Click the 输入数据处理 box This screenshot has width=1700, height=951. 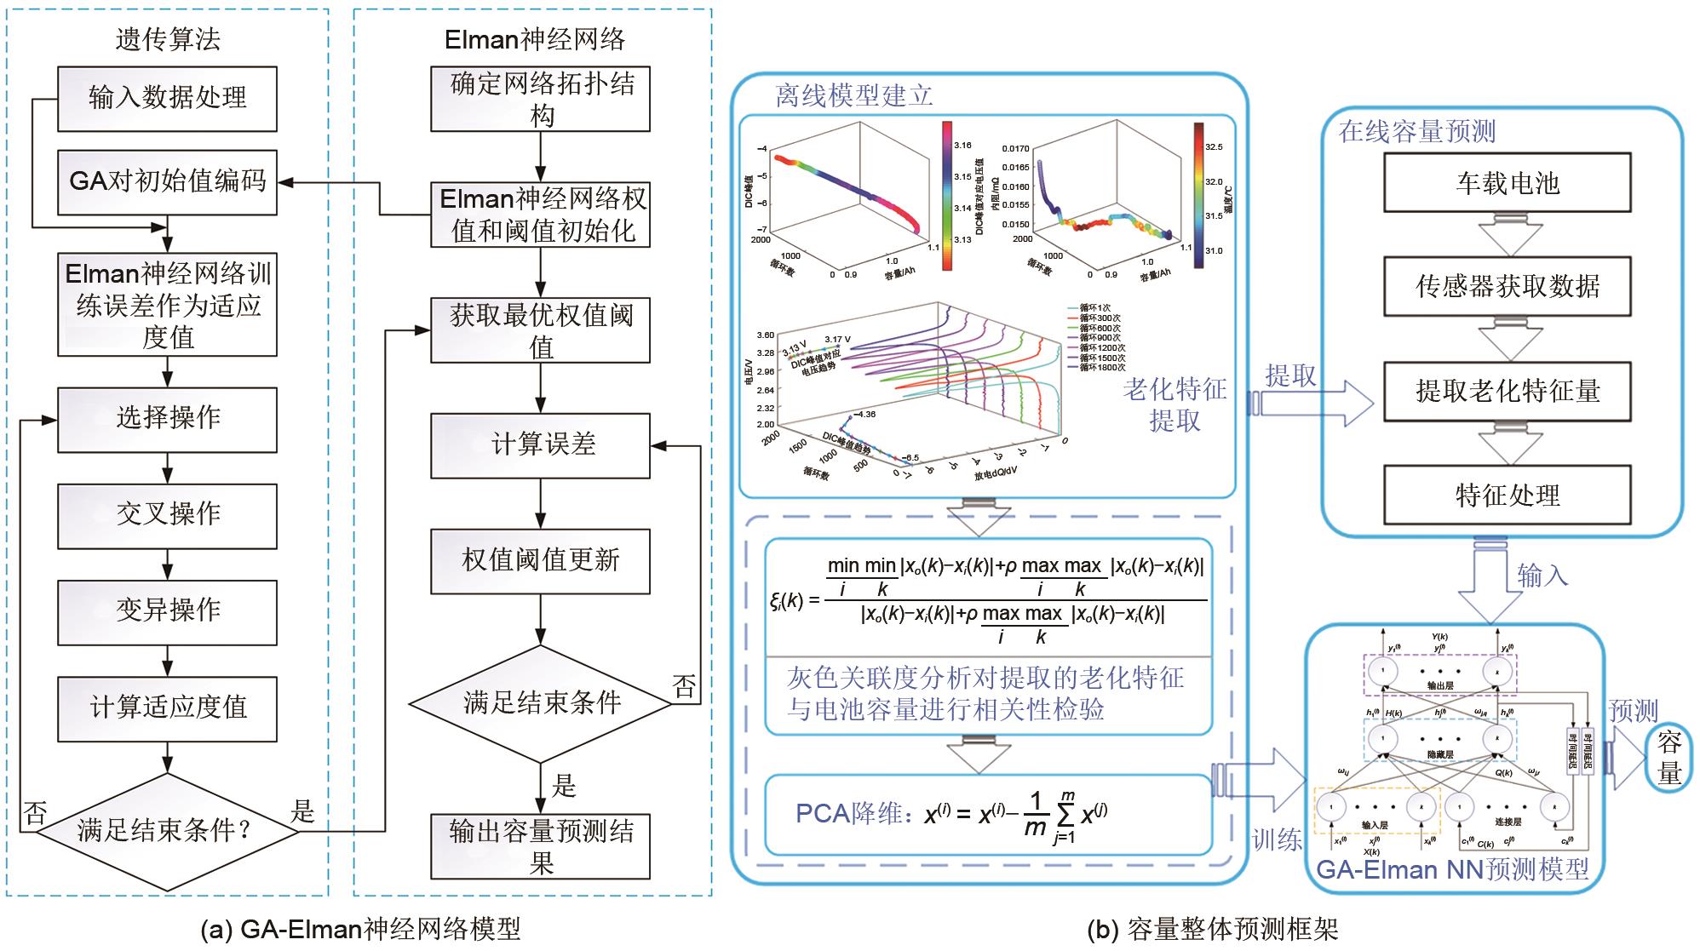click(x=167, y=99)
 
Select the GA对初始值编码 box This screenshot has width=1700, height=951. click(x=167, y=182)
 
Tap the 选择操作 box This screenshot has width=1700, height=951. click(x=167, y=419)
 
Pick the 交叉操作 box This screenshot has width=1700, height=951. click(x=167, y=515)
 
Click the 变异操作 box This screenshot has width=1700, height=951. click(x=167, y=611)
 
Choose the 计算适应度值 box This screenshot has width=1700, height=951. click(x=167, y=708)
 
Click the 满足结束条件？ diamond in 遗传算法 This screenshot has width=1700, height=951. click(x=167, y=831)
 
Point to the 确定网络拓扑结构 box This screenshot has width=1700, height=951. click(x=540, y=99)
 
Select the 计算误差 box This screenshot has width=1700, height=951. click(x=540, y=445)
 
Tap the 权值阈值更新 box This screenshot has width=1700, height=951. click(x=540, y=561)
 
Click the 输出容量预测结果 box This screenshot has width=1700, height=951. click(x=540, y=846)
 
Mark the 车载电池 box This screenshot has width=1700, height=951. click(x=1507, y=183)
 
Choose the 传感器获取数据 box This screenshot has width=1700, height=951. click(x=1507, y=287)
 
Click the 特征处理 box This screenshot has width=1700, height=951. click(x=1507, y=495)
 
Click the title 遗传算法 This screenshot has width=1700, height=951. click(x=168, y=39)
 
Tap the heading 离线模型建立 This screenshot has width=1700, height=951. click(x=853, y=95)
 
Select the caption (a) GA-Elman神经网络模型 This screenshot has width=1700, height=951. click(x=360, y=929)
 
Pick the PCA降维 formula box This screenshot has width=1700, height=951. click(x=988, y=815)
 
